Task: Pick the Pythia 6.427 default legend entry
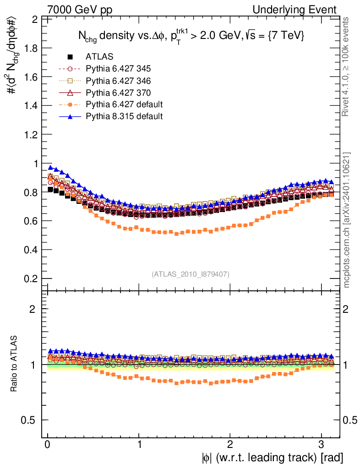[x=124, y=104]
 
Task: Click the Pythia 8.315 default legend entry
[x=124, y=116]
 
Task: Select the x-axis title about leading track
[x=272, y=457]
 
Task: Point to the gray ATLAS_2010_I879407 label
[x=190, y=274]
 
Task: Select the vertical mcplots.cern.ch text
[x=347, y=220]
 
